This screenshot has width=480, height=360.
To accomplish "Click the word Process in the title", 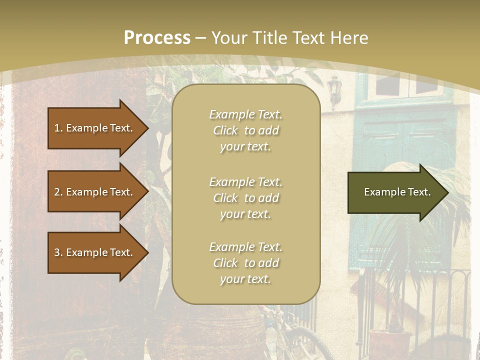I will [157, 38].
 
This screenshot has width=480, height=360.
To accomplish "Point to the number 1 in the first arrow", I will [57, 128].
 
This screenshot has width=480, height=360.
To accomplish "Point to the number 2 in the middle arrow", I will [57, 192].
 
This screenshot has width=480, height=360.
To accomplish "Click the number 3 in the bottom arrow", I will [57, 252].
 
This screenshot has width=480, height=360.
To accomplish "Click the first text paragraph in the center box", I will [245, 130].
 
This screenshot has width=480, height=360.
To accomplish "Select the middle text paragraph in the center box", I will [245, 198].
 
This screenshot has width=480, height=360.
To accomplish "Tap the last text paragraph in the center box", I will [245, 263].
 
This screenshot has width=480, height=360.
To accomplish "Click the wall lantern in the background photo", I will [333, 90].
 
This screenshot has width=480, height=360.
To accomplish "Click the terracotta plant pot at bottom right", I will [388, 340].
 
